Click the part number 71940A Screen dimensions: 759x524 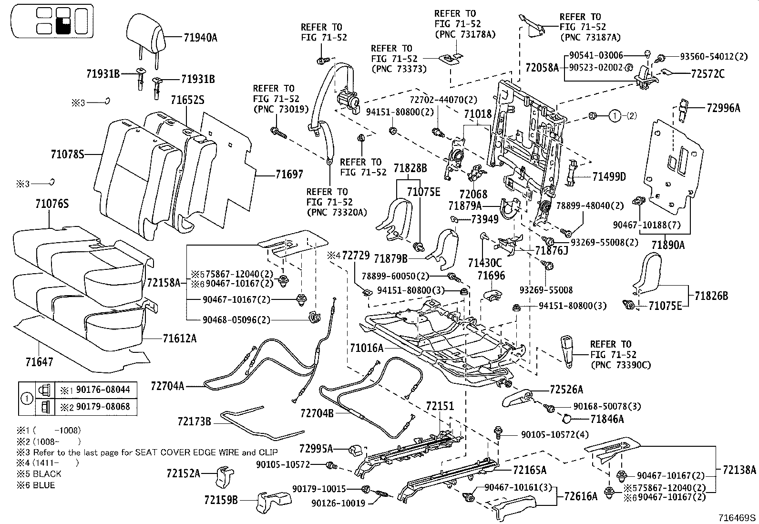pos(200,37)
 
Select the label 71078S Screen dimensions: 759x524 pos(67,154)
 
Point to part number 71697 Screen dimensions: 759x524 pos(289,175)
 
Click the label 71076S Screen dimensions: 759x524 pos(52,204)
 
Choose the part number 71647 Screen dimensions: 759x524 pos(39,362)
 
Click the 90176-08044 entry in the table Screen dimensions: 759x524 pos(103,390)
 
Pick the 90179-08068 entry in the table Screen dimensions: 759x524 pos(103,406)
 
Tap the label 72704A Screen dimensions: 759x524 pos(167,386)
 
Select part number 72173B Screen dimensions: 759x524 pos(194,421)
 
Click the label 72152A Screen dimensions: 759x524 pos(183,473)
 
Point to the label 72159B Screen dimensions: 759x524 pos(221,500)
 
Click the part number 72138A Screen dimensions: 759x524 pos(739,470)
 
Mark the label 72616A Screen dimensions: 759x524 pos(581,496)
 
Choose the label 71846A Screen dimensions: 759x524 pos(607,419)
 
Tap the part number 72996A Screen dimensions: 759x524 pos(723,108)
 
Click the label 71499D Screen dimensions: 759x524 pos(609,176)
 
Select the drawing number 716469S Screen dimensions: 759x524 pos(738,518)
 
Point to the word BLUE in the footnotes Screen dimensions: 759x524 pos(44,485)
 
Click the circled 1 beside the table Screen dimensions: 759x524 pos(27,399)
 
